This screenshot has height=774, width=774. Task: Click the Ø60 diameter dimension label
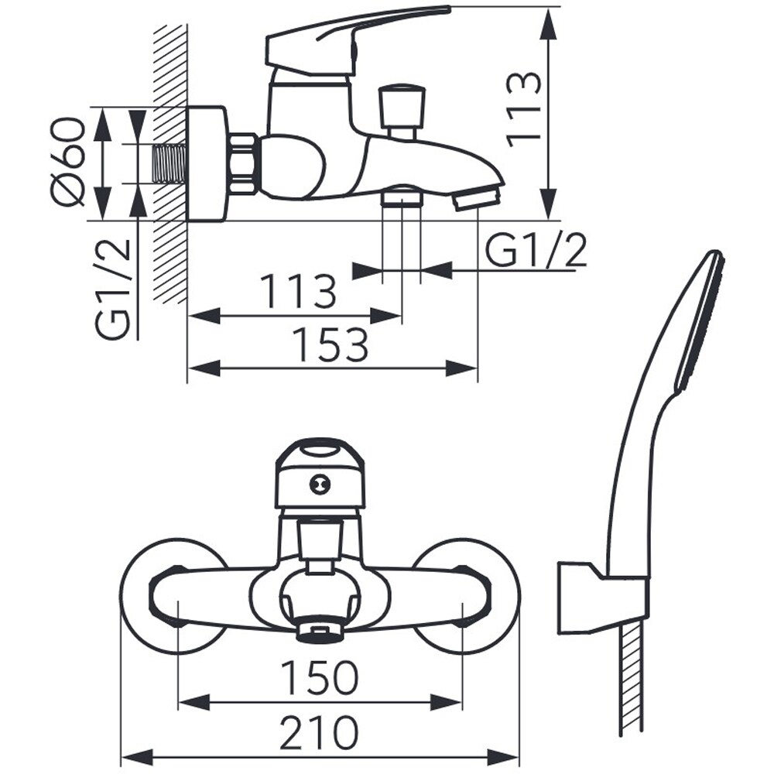(70, 162)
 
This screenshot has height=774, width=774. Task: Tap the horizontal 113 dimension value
(298, 291)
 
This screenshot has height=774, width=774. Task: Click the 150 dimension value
(320, 677)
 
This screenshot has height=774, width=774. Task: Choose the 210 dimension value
(319, 731)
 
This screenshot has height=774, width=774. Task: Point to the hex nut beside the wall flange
(243, 163)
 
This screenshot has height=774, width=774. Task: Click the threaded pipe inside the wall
(170, 163)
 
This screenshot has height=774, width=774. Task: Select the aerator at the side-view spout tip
(476, 200)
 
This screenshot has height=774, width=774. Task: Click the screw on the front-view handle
(320, 485)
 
